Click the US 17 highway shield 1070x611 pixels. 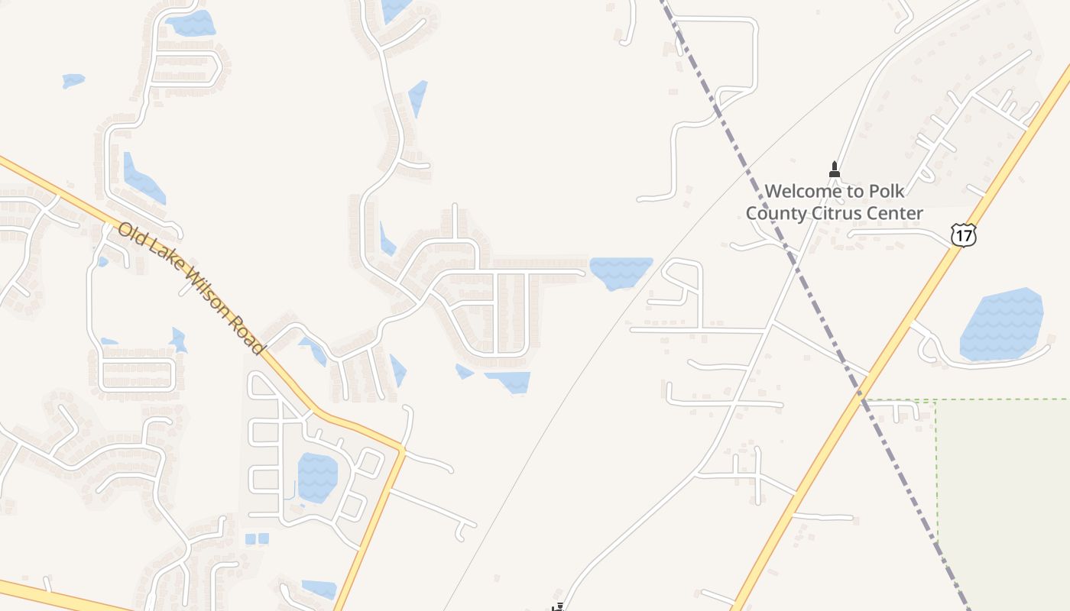click(x=964, y=234)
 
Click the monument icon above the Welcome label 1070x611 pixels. click(x=835, y=169)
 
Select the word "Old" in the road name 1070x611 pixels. click(x=129, y=234)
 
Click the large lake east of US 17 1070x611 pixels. click(x=1001, y=325)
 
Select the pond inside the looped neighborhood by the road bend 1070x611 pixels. click(x=317, y=477)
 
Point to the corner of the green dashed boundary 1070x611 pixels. click(x=936, y=400)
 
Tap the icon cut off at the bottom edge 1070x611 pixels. click(x=559, y=607)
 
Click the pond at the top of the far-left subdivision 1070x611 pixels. click(x=191, y=23)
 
